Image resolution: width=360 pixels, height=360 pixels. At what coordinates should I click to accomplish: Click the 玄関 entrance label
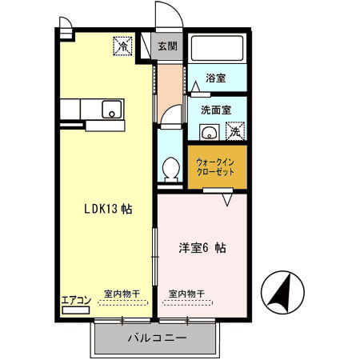pyautogui.click(x=167, y=46)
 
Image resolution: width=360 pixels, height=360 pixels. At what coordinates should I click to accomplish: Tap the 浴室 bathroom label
pyautogui.click(x=215, y=78)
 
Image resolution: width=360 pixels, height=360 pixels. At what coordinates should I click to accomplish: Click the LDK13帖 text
pyautogui.click(x=108, y=210)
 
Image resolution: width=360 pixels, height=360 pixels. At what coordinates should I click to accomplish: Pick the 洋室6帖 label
pyautogui.click(x=200, y=248)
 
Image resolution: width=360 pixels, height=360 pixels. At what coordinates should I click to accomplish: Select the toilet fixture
pyautogui.click(x=170, y=168)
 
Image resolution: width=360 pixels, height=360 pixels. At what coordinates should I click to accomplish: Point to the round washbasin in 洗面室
pyautogui.click(x=210, y=133)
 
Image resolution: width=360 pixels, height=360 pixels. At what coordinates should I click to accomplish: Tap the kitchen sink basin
pyautogui.click(x=110, y=110)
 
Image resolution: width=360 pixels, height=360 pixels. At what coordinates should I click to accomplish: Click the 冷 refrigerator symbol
pyautogui.click(x=123, y=46)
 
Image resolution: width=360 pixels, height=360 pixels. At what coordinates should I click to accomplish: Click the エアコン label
pyautogui.click(x=75, y=300)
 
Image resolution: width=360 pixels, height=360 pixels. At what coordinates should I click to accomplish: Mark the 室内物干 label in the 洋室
pyautogui.click(x=186, y=294)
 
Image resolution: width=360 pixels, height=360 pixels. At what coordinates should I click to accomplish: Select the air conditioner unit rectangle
pyautogui.click(x=74, y=310)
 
